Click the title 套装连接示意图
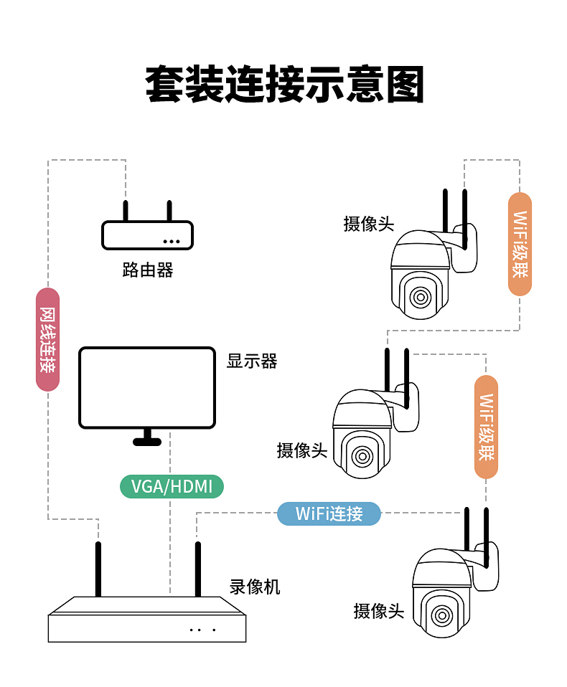click(x=284, y=85)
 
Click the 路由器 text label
click(x=148, y=270)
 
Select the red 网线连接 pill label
click(x=47, y=339)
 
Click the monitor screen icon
click(x=147, y=388)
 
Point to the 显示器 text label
click(x=252, y=361)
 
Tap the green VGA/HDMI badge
click(x=172, y=487)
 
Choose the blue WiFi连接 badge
click(x=329, y=513)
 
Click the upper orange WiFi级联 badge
click(x=520, y=244)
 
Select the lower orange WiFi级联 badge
click(x=486, y=427)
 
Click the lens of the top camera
click(x=421, y=296)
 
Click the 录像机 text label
click(x=255, y=587)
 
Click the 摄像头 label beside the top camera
click(x=369, y=224)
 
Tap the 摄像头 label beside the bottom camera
click(x=379, y=611)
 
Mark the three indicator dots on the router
click(x=171, y=241)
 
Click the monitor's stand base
click(x=147, y=441)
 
